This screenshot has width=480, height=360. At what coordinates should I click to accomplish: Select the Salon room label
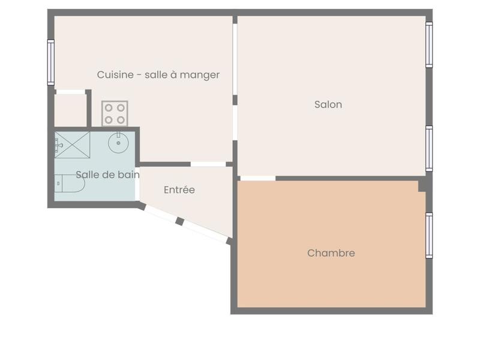[x=328, y=104]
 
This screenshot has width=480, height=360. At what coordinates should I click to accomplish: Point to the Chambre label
[x=331, y=253]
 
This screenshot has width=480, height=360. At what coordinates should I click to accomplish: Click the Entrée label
[x=179, y=190]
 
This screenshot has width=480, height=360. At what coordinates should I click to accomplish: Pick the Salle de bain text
[x=107, y=175]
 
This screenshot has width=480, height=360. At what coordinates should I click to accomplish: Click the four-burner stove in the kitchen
[x=115, y=113]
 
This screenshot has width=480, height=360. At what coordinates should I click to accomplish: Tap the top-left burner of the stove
[x=109, y=108]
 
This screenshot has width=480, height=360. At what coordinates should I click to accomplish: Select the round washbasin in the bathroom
[x=118, y=143]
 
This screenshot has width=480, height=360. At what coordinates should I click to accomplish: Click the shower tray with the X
[x=72, y=145]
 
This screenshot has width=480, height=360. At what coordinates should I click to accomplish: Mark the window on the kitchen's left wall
[x=51, y=62]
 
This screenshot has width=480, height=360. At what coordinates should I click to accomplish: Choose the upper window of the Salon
[x=429, y=44]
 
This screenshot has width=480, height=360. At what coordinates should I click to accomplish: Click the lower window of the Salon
[x=429, y=148]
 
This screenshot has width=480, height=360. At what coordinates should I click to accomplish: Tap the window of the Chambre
[x=429, y=235]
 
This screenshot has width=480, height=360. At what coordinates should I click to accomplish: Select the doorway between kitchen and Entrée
[x=208, y=164]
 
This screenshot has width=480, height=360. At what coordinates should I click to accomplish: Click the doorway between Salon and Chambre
[x=257, y=178]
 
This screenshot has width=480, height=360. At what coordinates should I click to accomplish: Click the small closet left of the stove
[x=70, y=110]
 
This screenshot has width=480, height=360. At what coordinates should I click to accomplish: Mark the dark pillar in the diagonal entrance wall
[x=179, y=221]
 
